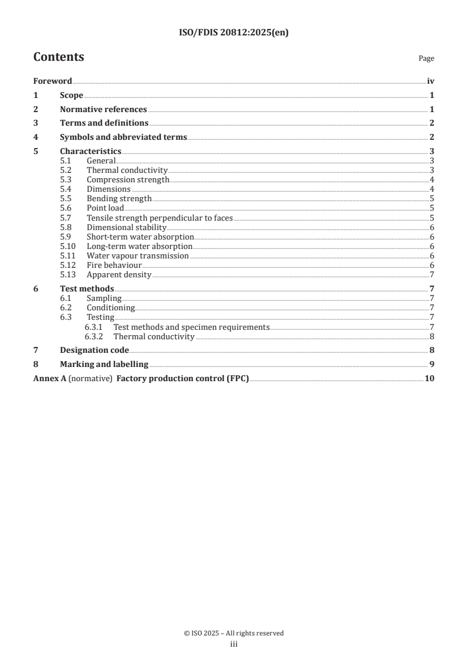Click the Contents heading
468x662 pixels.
[58, 57]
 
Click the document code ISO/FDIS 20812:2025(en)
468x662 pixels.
[234, 33]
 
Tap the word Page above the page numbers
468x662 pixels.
[426, 58]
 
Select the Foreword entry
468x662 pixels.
[53, 81]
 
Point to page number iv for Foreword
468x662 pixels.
[431, 81]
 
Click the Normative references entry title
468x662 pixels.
[103, 109]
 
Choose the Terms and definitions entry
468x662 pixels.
[104, 123]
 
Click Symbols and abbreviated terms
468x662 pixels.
[123, 137]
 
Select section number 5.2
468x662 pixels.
[66, 170]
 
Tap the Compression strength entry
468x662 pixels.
[127, 179]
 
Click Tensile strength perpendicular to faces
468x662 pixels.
[159, 218]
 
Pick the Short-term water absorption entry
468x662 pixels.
[140, 237]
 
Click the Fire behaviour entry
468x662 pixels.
[114, 265]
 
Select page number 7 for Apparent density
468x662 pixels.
[433, 274]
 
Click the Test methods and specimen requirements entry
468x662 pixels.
[191, 327]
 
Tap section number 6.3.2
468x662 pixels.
[95, 336]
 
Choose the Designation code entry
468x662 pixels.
[94, 350]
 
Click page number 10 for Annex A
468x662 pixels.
[429, 378]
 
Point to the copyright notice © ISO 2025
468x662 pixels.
[234, 633]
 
